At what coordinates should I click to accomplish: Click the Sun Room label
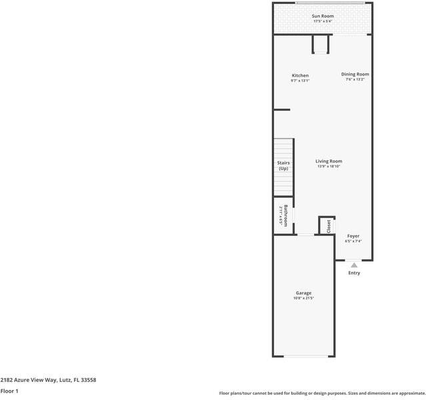pos(323,16)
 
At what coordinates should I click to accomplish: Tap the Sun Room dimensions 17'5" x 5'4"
pos(323,21)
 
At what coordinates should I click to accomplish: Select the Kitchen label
pos(300,75)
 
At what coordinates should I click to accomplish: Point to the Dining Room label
pos(355,74)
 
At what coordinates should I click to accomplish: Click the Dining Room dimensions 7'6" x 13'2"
pos(355,80)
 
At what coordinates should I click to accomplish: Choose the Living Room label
pos(329,161)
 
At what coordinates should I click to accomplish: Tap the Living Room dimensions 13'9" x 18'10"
pos(329,167)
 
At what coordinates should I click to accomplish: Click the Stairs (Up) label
pos(283,165)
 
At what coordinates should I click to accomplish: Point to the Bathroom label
pos(286,215)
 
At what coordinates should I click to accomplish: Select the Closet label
pos(328,226)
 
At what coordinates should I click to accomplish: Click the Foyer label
pos(353,236)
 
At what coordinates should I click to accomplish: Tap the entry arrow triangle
pos(354,265)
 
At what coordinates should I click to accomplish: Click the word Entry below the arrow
pos(354,273)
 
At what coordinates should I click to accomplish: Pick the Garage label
pos(303,293)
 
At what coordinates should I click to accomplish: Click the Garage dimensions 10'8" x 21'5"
pos(303,298)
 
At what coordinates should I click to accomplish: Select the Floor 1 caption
pos(9,391)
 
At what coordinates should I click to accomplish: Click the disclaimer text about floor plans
pos(322,393)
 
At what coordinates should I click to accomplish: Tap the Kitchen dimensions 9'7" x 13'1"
pos(300,81)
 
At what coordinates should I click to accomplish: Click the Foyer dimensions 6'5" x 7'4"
pos(353,241)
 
